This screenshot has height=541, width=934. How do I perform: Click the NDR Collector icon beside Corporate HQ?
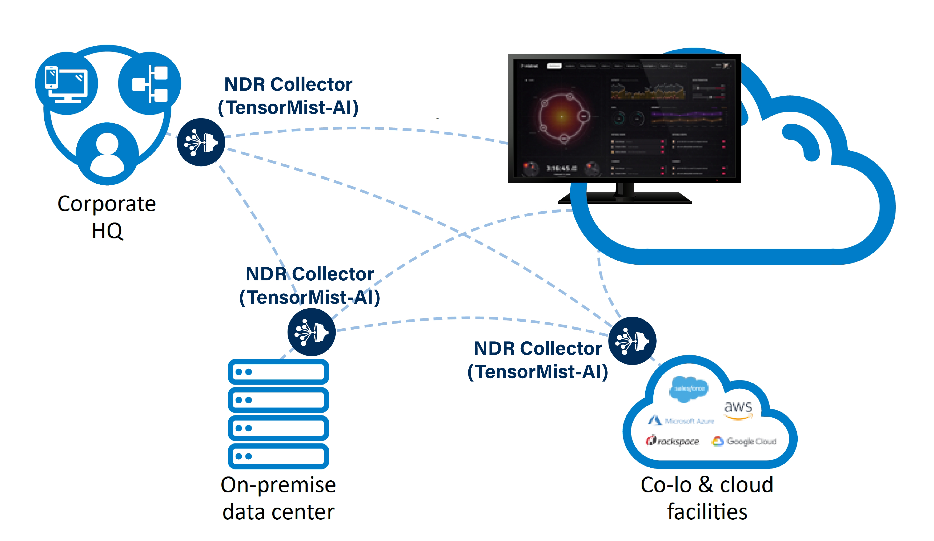201,142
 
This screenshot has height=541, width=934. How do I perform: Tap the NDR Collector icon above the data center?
311,332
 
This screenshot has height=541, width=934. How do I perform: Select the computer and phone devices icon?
67,83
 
